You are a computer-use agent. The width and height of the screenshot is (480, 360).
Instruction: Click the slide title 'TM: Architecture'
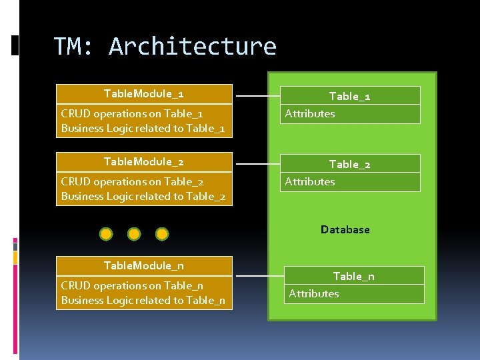(165, 47)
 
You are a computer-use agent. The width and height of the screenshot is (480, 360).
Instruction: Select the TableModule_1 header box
(144, 93)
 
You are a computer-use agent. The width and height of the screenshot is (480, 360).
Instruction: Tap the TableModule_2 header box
(144, 161)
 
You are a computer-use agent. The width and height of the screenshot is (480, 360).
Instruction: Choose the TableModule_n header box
(144, 265)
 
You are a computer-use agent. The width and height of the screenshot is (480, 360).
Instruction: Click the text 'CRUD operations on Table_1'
(131, 113)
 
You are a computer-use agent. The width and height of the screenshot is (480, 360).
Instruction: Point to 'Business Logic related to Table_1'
(143, 128)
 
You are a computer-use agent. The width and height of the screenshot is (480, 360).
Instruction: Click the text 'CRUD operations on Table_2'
(132, 181)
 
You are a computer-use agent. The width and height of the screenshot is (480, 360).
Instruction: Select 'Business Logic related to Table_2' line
(143, 196)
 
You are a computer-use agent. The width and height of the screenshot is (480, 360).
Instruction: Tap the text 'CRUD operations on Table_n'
(132, 285)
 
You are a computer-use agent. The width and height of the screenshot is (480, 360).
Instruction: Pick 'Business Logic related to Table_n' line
(143, 300)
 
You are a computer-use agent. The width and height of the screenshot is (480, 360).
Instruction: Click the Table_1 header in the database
(350, 96)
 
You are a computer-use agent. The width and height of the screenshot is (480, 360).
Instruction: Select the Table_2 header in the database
(350, 164)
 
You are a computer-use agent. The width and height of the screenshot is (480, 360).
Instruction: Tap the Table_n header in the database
(353, 276)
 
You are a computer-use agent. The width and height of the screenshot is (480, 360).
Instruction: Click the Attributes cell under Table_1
(350, 114)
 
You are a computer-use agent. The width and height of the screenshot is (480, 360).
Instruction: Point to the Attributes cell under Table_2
(350, 182)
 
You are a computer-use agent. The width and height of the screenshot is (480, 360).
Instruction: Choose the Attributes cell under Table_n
(353, 294)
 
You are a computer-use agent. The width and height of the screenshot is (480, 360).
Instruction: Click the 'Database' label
(345, 229)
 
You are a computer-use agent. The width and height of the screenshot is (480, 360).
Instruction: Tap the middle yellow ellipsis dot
(134, 234)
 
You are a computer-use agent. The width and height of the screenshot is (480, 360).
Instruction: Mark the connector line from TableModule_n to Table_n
(260, 275)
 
